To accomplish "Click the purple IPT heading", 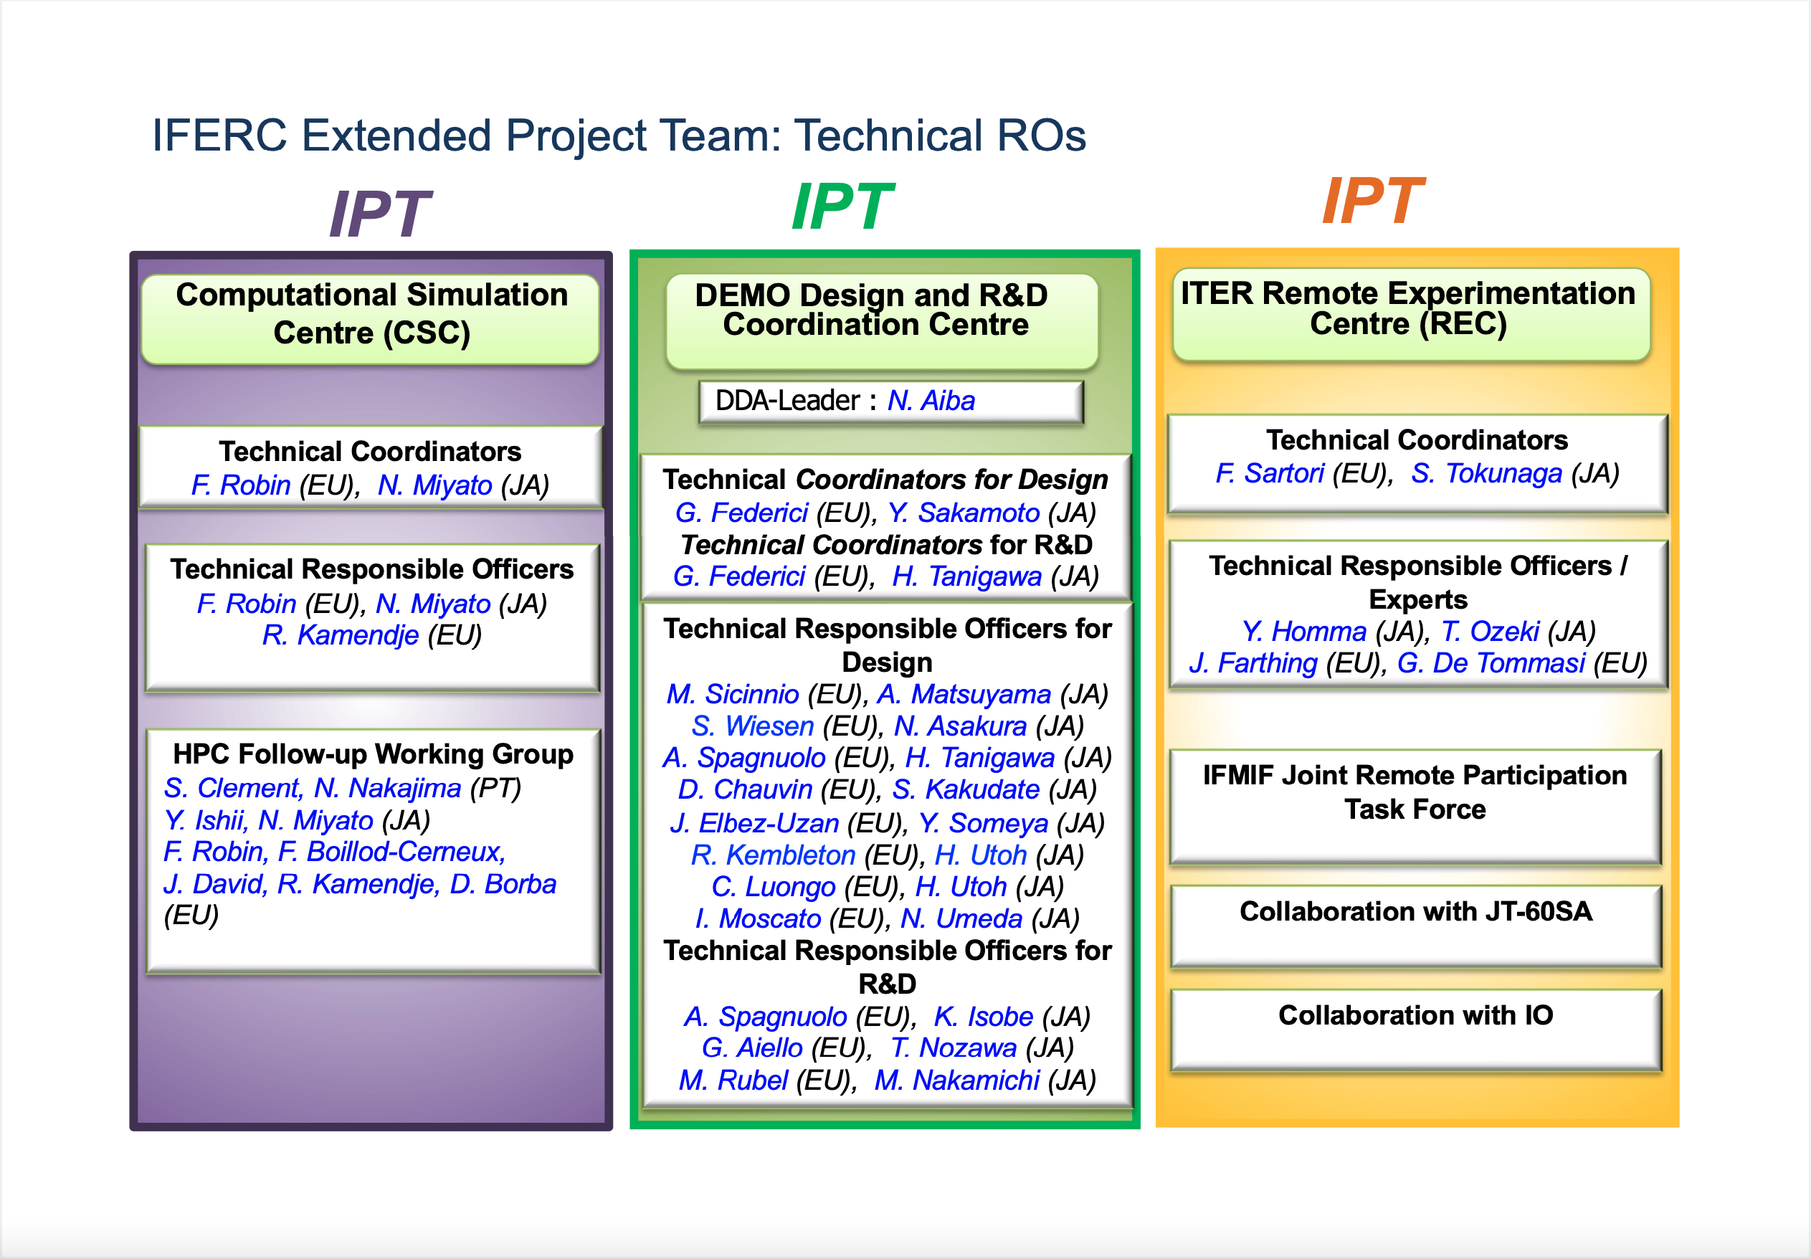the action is [379, 214].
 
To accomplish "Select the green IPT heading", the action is [842, 206].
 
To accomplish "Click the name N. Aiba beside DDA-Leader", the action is [931, 401].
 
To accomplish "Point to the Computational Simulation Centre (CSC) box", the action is [371, 320].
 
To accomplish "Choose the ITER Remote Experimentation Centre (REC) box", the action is [1411, 315].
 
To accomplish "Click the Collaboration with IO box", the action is [1416, 1030].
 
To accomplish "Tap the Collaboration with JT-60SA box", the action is [1416, 926].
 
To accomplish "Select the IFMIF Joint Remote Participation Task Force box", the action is [1416, 806].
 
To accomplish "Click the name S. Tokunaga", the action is [1486, 473].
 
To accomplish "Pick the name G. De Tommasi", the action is [1491, 663].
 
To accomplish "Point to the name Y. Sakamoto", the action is [963, 513].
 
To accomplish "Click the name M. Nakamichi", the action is [957, 1080].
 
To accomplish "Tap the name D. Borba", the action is [503, 884].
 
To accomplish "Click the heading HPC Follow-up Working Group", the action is [373, 754].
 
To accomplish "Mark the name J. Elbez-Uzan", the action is [754, 824].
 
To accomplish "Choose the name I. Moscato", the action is [758, 919].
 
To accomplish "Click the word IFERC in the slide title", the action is [219, 135].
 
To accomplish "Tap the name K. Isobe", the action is [984, 1017].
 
